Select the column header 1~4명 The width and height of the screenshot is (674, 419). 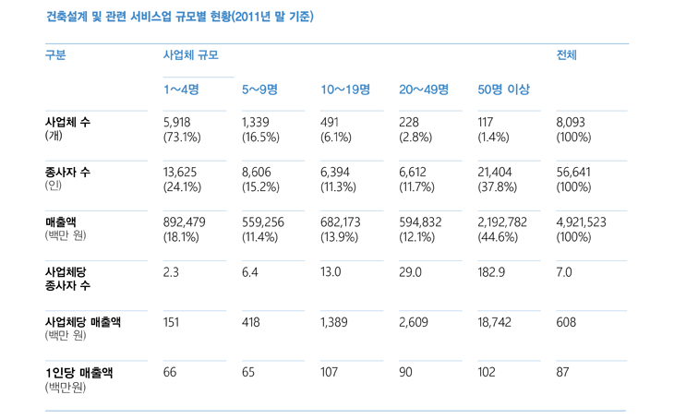click(182, 90)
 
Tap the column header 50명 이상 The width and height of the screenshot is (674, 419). click(503, 90)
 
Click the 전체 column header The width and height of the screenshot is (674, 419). click(567, 55)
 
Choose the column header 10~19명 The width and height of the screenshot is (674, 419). click(345, 90)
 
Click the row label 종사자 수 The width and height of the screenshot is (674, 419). click(67, 173)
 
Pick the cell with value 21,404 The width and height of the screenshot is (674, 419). click(497, 173)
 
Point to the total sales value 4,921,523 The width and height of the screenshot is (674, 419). click(582, 222)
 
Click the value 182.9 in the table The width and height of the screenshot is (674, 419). click(492, 272)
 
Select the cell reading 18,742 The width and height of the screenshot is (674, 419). click(495, 323)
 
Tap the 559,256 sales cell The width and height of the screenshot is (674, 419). click(264, 222)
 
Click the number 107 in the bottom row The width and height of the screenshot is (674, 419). click(330, 373)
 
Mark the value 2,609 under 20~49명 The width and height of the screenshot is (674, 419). click(414, 323)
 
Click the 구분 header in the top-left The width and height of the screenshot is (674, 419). click(55, 55)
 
